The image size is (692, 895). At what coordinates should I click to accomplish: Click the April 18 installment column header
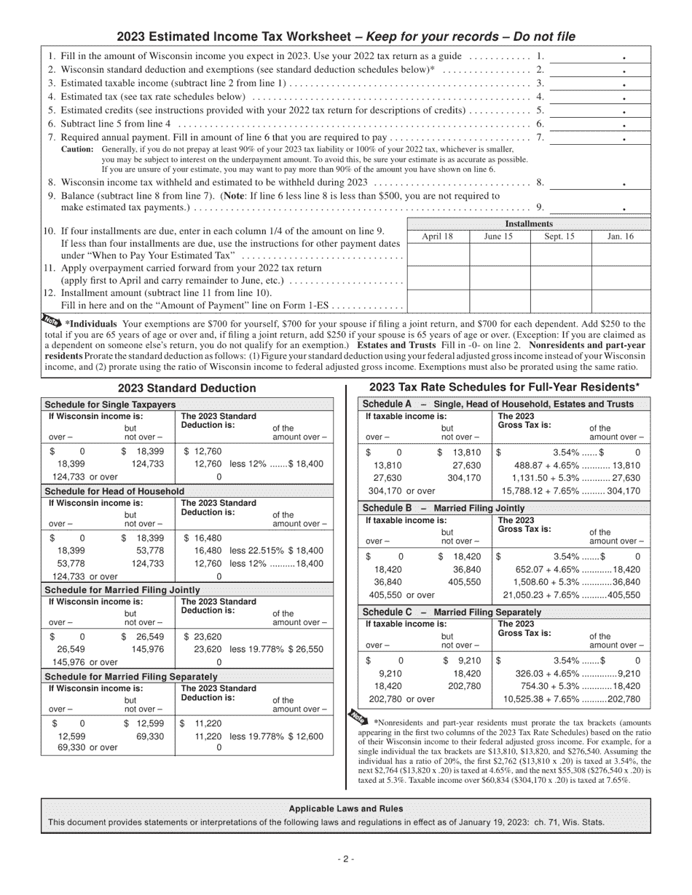(x=437, y=236)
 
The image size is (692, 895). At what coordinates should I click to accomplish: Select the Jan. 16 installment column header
(x=620, y=236)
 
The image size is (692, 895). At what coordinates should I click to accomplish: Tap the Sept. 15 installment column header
(x=559, y=236)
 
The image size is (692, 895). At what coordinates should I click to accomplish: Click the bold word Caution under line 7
(x=77, y=149)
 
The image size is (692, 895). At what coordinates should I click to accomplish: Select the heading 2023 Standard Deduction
(x=186, y=389)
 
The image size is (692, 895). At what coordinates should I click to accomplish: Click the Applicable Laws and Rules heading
(x=345, y=808)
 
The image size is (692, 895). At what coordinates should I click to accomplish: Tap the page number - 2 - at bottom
(x=345, y=859)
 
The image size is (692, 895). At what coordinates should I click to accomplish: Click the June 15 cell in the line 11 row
(x=498, y=277)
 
